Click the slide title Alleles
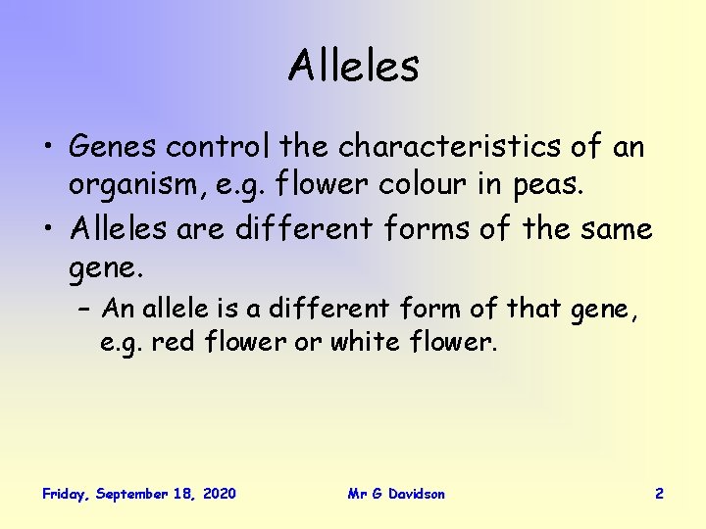point(353,67)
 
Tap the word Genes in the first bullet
point(113,148)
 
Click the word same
point(616,228)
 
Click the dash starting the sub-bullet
point(82,310)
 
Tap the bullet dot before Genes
point(49,149)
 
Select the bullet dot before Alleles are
point(49,229)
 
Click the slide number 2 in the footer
point(659,494)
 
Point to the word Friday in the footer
point(66,494)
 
